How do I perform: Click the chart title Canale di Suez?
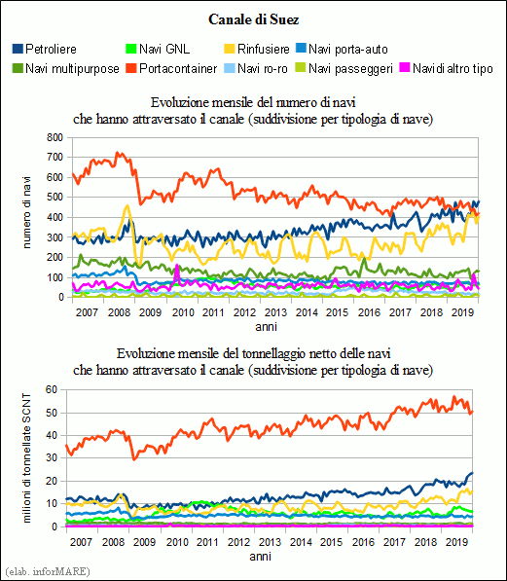pyautogui.click(x=253, y=19)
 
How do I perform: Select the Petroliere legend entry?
pyautogui.click(x=45, y=49)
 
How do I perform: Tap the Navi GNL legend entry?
pyautogui.click(x=159, y=49)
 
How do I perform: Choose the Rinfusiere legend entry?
pyautogui.click(x=257, y=49)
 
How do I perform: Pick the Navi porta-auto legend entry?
pyautogui.click(x=343, y=49)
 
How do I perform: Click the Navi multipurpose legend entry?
pyautogui.click(x=66, y=68)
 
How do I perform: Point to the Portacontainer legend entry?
pyautogui.click(x=171, y=68)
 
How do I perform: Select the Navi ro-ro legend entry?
pyautogui.click(x=256, y=68)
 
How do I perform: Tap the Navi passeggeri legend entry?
pyautogui.click(x=344, y=68)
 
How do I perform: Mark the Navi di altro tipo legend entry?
pyautogui.click(x=447, y=68)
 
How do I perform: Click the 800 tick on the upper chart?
pyautogui.click(x=54, y=137)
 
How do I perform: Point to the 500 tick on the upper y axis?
pyautogui.click(x=54, y=198)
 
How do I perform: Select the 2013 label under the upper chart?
pyautogui.click(x=275, y=312)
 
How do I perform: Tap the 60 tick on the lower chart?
pyautogui.click(x=52, y=389)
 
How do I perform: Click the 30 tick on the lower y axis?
pyautogui.click(x=52, y=458)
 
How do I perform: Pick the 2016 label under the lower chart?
pyautogui.click(x=364, y=542)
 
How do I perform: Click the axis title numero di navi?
pyautogui.click(x=26, y=212)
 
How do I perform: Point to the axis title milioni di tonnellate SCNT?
pyautogui.click(x=26, y=458)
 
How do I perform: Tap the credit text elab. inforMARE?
pyautogui.click(x=48, y=571)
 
